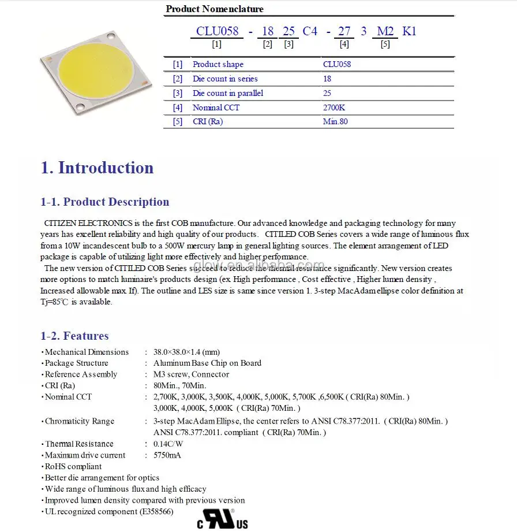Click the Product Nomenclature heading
pos(215,9)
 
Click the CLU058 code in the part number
pos(217,31)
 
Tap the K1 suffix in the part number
pos(409,31)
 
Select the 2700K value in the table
pos(333,107)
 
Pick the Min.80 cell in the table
pos(335,121)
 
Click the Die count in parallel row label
pos(228,93)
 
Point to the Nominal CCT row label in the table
pos(216,107)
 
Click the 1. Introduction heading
pos(97,168)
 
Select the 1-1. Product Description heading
pos(104,202)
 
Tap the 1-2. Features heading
pos(74,336)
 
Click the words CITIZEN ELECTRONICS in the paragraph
pos(90,223)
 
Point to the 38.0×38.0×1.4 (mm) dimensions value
pos(186,352)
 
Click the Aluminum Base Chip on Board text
pos(207,363)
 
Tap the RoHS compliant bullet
pos(73,466)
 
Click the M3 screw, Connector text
pos(191,374)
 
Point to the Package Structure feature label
pos(76,363)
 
